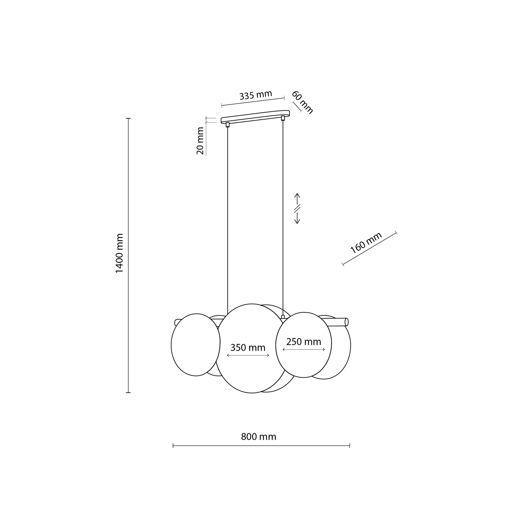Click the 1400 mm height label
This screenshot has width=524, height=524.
coord(120,253)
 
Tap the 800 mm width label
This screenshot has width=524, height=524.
coord(259,437)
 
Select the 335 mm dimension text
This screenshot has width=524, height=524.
coord(256,95)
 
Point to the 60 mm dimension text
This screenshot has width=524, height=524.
coord(302,102)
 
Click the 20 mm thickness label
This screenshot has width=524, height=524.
coord(200,140)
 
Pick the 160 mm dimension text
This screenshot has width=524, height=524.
coord(366,243)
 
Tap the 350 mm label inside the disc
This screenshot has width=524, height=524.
coord(248,347)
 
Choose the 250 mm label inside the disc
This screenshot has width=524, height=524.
coord(304,342)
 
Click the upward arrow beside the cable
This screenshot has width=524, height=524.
coord(297,199)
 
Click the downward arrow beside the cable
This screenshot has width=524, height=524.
coord(297,218)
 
